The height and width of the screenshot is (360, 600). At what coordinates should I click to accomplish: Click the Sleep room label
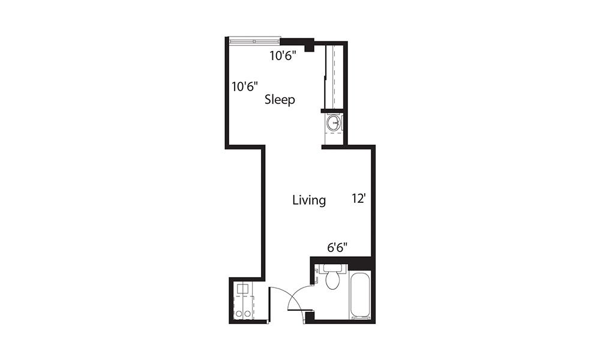pos(280,100)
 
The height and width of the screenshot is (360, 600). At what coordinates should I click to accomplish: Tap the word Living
pos(309,200)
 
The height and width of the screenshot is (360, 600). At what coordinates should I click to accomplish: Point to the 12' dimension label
pos(359,199)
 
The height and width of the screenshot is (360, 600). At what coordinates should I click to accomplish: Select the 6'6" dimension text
pos(337,247)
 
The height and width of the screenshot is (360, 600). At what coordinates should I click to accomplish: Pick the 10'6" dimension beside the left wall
pos(245,86)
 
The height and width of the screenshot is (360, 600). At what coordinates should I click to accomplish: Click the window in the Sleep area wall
pos(254,41)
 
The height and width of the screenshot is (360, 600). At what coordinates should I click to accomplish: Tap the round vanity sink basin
pos(334,124)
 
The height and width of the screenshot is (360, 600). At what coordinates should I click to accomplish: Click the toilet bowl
pos(332,281)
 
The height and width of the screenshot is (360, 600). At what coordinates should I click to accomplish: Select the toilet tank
pos(332,268)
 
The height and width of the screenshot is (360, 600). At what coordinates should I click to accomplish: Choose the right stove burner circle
pos(247,314)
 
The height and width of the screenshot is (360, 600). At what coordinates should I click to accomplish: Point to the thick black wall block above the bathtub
pos(361,263)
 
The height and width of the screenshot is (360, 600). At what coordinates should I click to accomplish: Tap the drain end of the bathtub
pos(361,314)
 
